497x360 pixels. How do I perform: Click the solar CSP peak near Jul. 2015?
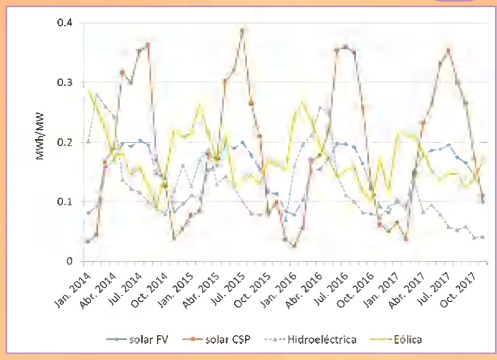(242, 30)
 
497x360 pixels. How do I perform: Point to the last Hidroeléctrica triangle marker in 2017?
(483, 237)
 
